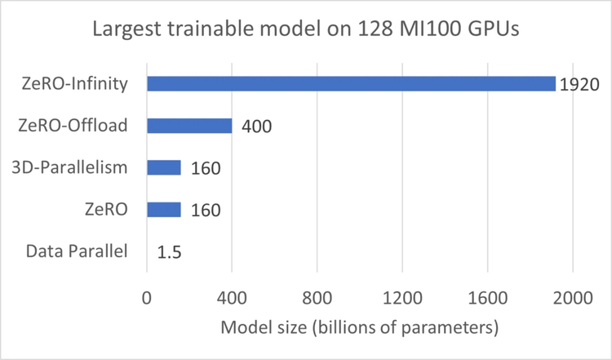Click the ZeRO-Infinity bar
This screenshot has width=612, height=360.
pos(351,84)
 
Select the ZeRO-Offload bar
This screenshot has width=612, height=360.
pos(189,126)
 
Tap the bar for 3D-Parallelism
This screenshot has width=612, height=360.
pos(164,167)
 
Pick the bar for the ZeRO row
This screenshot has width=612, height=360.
pos(164,209)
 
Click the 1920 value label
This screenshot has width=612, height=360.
pos(579,85)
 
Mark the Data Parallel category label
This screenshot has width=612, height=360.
pos(77,251)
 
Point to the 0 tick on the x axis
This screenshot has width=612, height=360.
pos(147,299)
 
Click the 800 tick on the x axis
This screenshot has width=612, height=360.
pos(317,299)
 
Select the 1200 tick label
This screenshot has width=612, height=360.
pos(401,299)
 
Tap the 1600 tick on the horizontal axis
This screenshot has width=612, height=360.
pos(487,299)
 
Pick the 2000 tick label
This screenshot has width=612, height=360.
pos(572,299)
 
